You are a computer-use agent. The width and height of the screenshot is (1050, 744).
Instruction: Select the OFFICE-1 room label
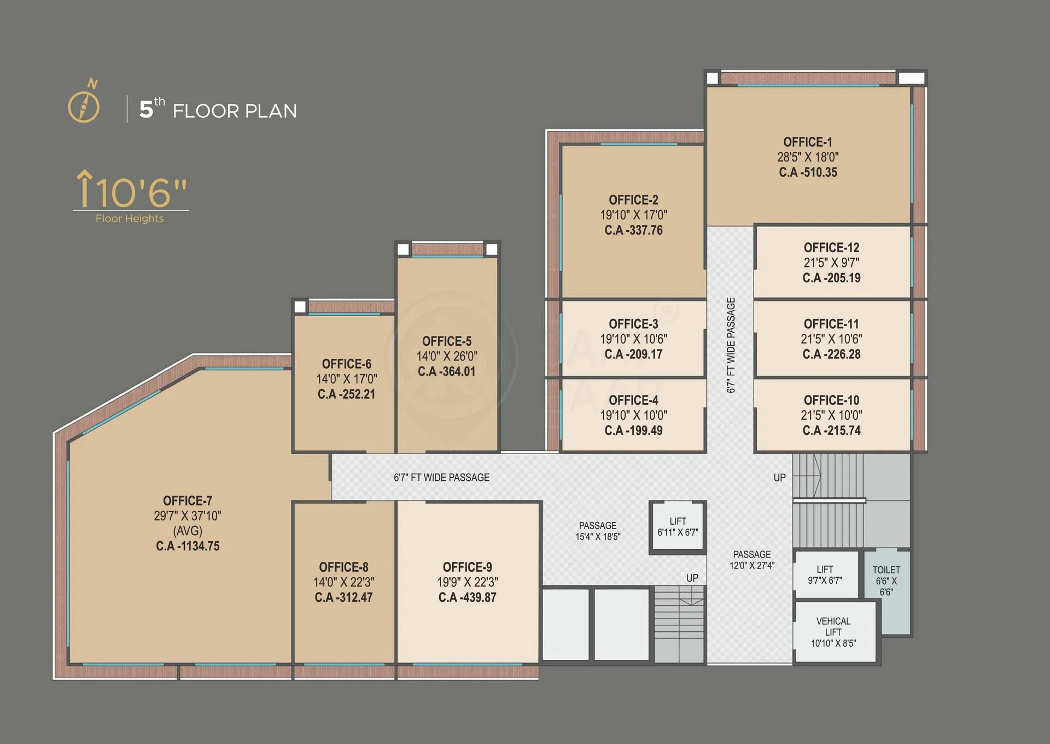point(808,142)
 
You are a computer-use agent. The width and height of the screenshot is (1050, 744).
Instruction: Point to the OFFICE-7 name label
point(188,501)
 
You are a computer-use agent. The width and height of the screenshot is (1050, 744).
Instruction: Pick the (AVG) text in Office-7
point(188,531)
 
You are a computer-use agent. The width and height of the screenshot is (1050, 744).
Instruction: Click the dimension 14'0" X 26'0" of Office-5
point(447,356)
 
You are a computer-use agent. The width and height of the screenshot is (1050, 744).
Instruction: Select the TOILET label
point(886,570)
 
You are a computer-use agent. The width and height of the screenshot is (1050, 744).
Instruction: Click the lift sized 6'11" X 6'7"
point(678,526)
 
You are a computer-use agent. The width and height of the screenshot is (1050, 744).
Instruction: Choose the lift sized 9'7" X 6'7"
point(826,575)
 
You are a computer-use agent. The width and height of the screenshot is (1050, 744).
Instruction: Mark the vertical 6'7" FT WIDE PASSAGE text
point(731,345)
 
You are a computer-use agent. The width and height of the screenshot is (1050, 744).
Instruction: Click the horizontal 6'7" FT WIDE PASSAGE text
point(441,478)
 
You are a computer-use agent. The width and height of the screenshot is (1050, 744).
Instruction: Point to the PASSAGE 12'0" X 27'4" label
point(752,560)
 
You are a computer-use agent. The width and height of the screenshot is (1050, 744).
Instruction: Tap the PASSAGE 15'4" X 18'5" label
point(598,531)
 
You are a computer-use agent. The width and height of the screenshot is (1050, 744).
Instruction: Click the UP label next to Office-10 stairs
point(779,478)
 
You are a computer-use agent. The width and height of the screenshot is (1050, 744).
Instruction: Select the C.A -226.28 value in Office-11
point(831,354)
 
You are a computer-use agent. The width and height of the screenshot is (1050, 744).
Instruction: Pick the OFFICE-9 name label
point(467,567)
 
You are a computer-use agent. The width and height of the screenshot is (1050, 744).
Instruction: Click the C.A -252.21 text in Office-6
point(346,394)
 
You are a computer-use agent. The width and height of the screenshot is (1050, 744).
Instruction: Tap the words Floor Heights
point(130,218)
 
